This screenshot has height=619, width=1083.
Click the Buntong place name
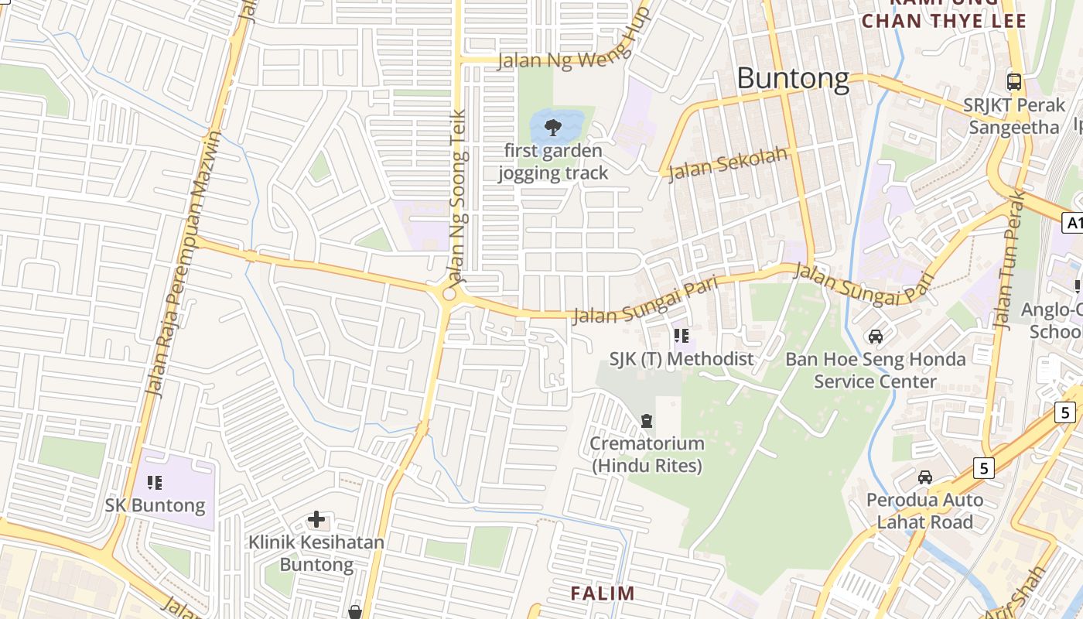point(793,78)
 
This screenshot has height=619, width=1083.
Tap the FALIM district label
point(603,593)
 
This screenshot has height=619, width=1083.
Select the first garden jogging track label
point(553,162)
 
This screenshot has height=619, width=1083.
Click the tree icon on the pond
point(552,127)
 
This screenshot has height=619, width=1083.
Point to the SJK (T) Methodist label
point(682,359)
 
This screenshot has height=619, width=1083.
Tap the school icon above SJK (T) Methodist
point(682,336)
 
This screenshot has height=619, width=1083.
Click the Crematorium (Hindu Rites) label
point(647,455)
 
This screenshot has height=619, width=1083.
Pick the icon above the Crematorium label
point(647,421)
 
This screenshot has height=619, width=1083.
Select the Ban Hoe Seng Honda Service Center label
point(876,371)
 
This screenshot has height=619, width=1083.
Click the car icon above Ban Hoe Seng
point(876,336)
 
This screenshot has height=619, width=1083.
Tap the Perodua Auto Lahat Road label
point(924,511)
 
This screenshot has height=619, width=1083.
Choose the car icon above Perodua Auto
point(925,477)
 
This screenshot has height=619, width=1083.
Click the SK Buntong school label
point(155,506)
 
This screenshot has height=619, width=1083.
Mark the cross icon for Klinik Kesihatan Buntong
point(316,519)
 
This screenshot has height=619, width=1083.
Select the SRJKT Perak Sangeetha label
point(1013,116)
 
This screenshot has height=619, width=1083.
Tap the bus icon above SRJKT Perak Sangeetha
point(1013,81)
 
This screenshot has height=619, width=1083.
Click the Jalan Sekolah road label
point(728,164)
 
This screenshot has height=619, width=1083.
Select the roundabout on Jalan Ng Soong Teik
point(449,295)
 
